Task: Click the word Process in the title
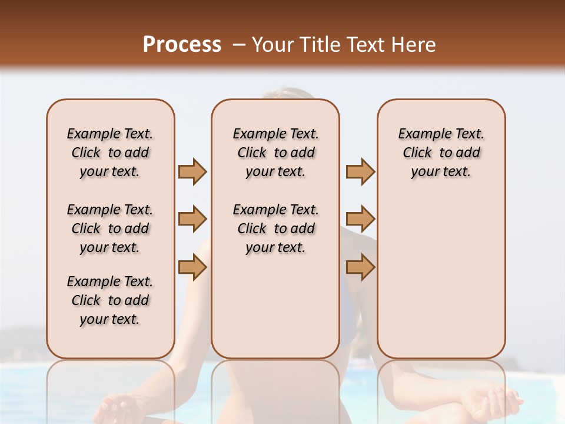[182, 45]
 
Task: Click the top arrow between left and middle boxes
[192, 172]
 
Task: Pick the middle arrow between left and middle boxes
[192, 220]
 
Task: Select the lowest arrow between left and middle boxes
[192, 267]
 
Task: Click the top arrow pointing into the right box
[360, 172]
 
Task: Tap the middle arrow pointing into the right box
[360, 220]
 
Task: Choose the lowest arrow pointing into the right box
[360, 267]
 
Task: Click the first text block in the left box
[110, 153]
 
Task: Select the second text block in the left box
[110, 228]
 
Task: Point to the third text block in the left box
[110, 300]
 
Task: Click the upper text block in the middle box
[275, 153]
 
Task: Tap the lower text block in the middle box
[275, 228]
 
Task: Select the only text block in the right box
[441, 153]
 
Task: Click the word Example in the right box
[423, 134]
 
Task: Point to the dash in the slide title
[238, 45]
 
